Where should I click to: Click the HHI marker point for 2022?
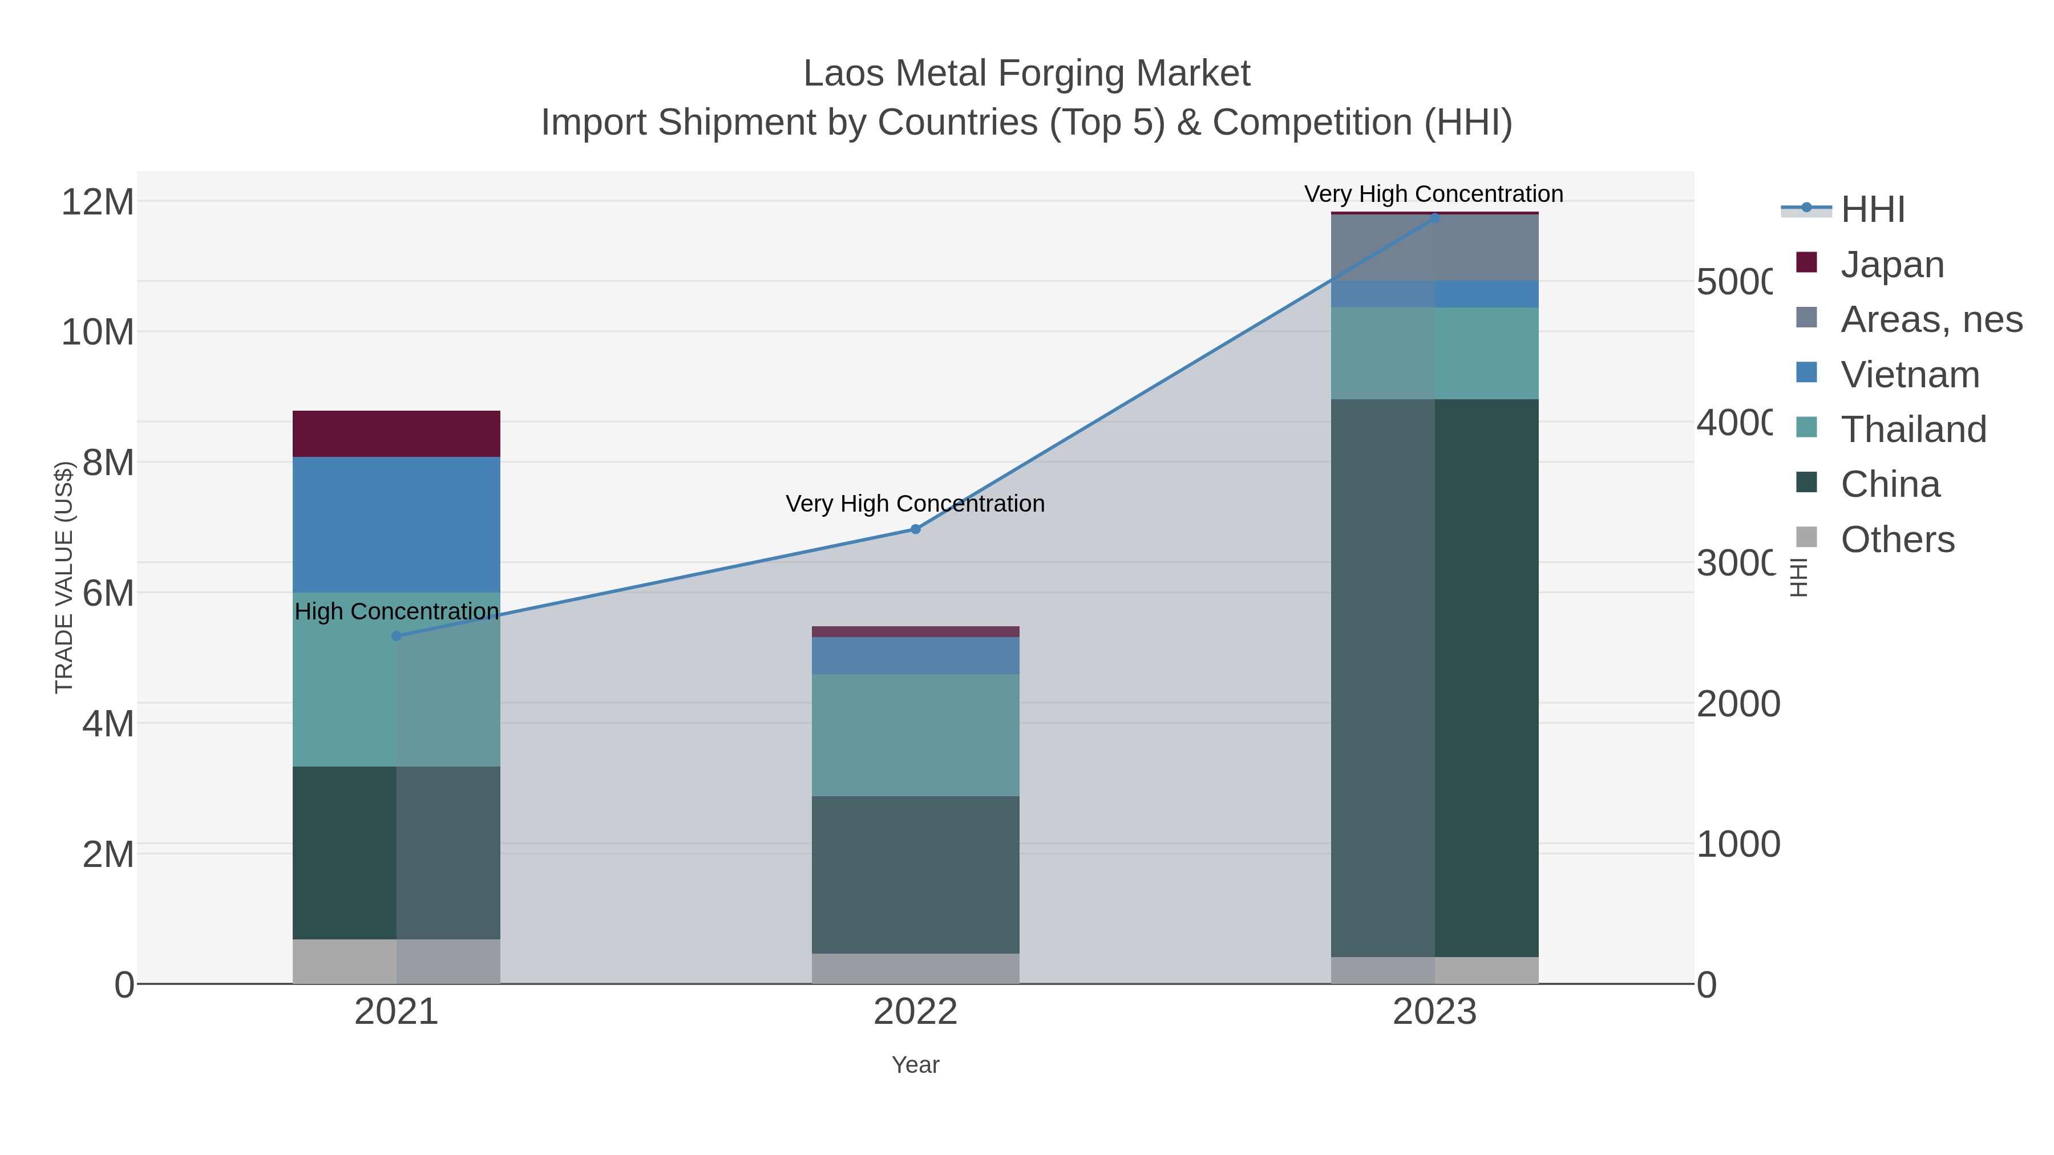point(915,529)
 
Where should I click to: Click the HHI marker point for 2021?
point(397,636)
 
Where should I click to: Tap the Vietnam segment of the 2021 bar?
point(397,525)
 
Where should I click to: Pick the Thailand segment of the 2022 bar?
point(915,735)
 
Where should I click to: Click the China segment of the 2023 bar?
point(1434,678)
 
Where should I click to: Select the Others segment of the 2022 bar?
point(915,968)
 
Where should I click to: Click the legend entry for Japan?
point(1891,265)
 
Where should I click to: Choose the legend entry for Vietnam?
point(1909,375)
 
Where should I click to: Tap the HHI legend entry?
point(1871,210)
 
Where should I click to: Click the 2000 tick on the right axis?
point(1737,704)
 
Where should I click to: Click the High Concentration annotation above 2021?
point(397,611)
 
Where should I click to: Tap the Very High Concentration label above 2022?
point(915,504)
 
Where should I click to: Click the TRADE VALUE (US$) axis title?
point(64,577)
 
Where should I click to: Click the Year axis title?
point(915,1065)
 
